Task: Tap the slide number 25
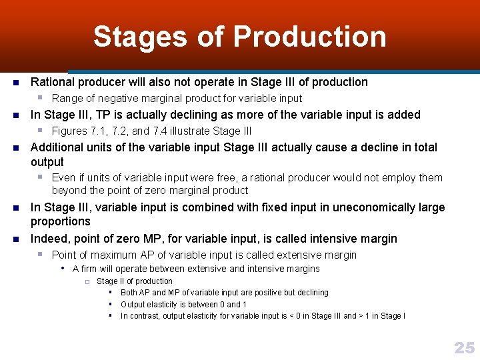[464, 347]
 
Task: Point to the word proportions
[61, 221]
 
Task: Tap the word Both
[129, 293]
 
